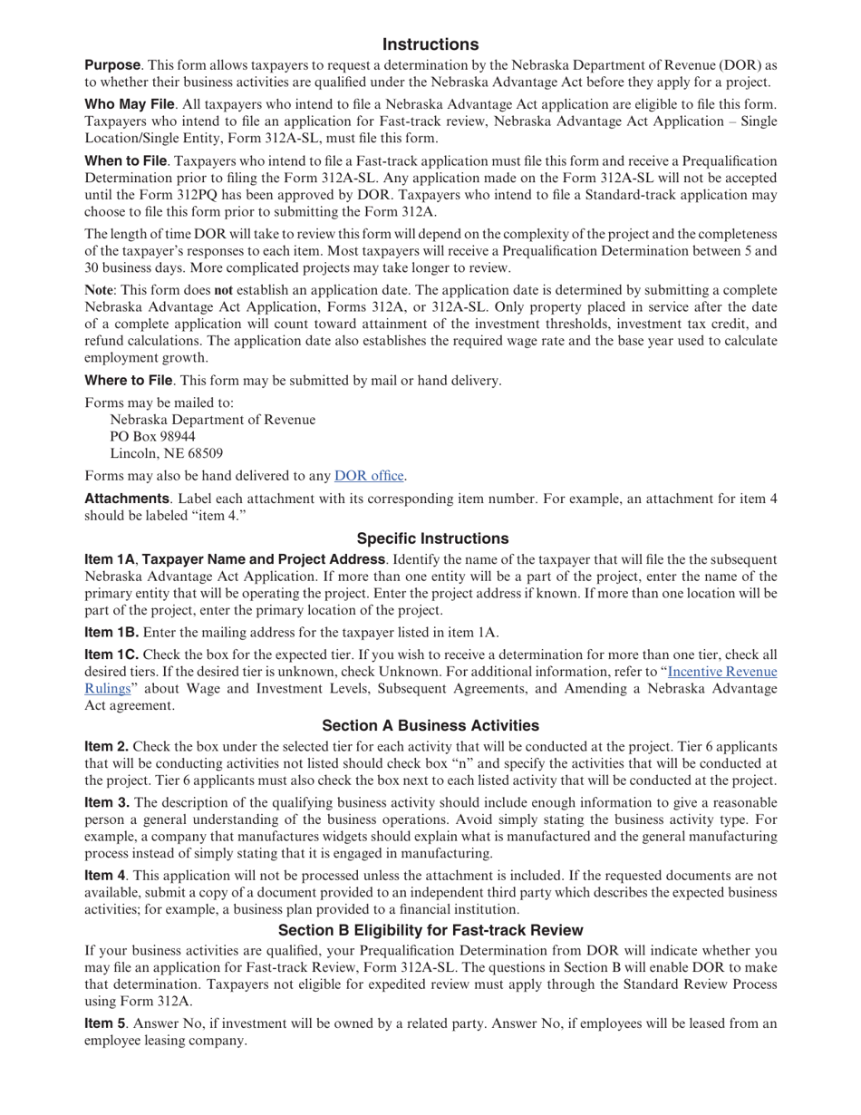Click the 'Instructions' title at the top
[430, 44]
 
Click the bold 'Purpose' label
[112, 65]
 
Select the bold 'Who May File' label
[129, 104]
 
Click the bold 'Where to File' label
[128, 380]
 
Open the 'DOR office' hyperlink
[370, 476]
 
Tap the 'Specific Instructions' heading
[432, 538]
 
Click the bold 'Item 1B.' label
[111, 633]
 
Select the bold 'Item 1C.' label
[111, 654]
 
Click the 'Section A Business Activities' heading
[430, 725]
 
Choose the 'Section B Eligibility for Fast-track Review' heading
[430, 930]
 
